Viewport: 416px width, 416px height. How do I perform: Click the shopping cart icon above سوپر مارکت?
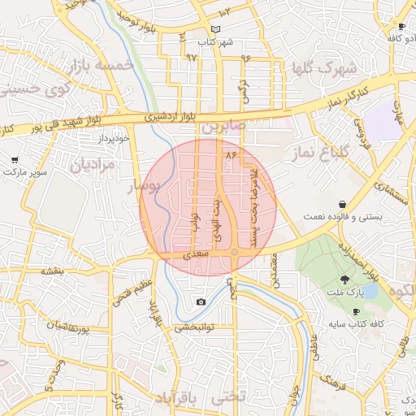(15, 161)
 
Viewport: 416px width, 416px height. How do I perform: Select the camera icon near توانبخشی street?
(201, 302)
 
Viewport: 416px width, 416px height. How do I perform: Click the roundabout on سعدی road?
(234, 253)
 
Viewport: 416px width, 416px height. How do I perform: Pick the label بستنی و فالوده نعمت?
(331, 217)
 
